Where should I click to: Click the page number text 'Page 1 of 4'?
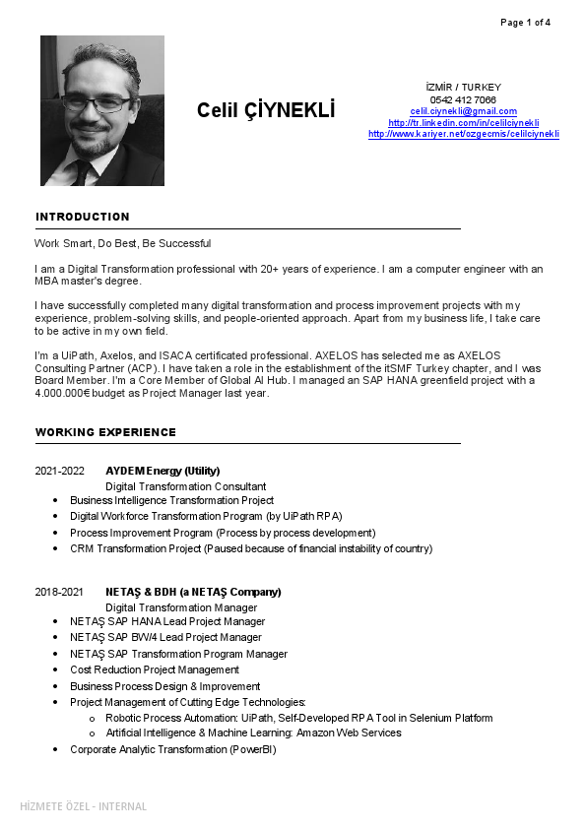[525, 22]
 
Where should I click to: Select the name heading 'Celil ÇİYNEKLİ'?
[266, 110]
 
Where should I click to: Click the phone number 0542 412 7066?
[463, 99]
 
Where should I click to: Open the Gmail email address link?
[463, 111]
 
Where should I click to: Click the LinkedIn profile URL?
[463, 123]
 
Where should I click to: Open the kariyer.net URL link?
[463, 134]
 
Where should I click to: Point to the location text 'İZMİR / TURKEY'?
[463, 88]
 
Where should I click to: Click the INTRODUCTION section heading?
[83, 217]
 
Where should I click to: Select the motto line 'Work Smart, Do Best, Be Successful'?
[122, 243]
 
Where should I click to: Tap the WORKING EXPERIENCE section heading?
[105, 432]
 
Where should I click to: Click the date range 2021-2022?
[60, 471]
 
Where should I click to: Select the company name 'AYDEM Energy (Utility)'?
[163, 471]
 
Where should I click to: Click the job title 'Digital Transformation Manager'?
[181, 607]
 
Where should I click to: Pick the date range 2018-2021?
[60, 592]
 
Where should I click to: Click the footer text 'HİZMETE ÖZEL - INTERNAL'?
[84, 806]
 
